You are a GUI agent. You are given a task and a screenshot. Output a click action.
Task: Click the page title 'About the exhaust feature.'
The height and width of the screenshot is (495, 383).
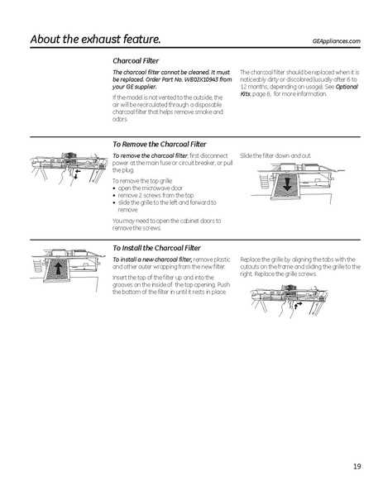95,39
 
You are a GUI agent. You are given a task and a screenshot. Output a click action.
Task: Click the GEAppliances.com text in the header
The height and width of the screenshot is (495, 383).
337,40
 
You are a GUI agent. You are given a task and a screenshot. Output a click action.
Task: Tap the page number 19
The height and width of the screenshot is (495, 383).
356,467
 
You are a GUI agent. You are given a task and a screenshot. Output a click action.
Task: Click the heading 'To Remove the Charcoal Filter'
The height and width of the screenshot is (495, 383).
160,144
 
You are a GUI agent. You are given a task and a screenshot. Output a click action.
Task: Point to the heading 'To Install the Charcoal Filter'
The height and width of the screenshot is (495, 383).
156,247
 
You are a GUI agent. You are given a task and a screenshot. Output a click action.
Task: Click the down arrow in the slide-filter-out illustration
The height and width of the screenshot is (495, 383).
287,184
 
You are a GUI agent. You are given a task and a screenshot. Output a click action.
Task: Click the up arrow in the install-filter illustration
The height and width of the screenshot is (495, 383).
59,270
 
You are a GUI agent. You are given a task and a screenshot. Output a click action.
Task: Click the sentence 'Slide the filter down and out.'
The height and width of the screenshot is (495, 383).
275,155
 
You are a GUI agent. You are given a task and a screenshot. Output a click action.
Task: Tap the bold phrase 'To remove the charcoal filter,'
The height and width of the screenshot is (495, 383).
150,155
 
